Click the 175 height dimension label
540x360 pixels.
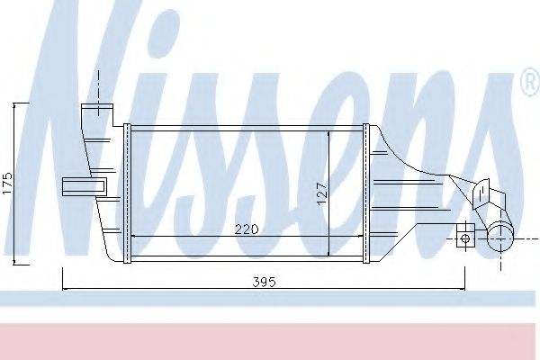pyautogui.click(x=8, y=184)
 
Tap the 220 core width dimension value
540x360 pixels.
pyautogui.click(x=247, y=229)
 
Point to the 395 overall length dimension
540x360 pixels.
pyautogui.click(x=262, y=282)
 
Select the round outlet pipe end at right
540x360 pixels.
pyautogui.click(x=499, y=238)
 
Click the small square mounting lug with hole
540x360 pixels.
pyautogui.click(x=464, y=238)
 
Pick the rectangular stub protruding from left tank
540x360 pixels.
pyautogui.click(x=84, y=185)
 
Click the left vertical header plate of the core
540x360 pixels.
pyautogui.click(x=128, y=192)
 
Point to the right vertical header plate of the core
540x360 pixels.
pyautogui.click(x=365, y=192)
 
